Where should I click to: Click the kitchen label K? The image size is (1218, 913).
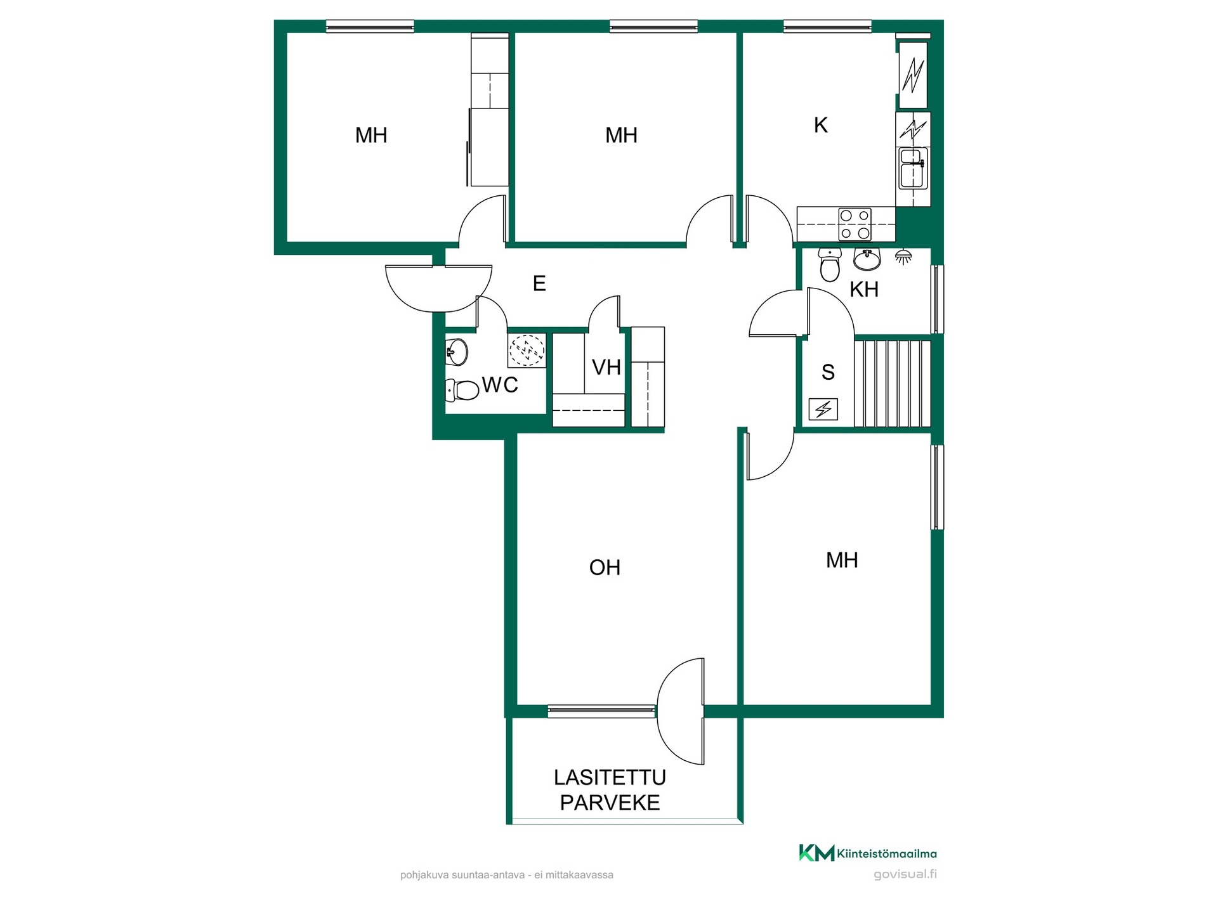tap(821, 126)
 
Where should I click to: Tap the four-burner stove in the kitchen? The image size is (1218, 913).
tap(855, 224)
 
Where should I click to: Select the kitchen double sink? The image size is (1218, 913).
tap(913, 168)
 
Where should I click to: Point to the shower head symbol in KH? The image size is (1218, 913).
tap(903, 257)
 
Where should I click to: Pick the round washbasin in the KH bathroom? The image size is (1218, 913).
tap(867, 259)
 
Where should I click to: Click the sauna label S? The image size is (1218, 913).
tap(828, 372)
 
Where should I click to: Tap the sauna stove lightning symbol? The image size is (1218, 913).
tap(823, 410)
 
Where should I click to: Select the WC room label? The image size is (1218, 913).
tap(500, 385)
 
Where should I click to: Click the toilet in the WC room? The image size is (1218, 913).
tap(462, 390)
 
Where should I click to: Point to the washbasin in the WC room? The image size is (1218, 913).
tap(457, 351)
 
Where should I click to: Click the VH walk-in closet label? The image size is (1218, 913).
tap(606, 367)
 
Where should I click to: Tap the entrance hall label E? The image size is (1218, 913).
tap(539, 283)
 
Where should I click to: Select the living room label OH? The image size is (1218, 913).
tap(605, 567)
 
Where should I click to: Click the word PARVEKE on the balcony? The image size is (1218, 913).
tap(610, 803)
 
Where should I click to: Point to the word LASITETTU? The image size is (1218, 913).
tap(610, 777)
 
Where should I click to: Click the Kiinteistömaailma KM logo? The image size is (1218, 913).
tap(868, 853)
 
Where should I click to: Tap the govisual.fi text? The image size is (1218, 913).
tap(905, 874)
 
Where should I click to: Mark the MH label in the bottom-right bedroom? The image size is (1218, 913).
tap(842, 560)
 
